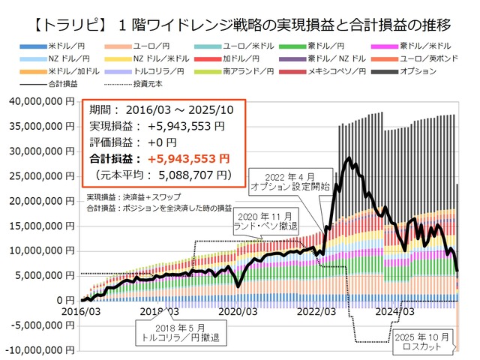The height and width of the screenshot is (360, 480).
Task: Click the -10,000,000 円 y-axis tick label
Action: click(38, 349)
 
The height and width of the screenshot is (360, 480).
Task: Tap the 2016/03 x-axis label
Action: click(81, 310)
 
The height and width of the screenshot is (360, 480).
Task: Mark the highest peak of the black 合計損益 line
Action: click(347, 158)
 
